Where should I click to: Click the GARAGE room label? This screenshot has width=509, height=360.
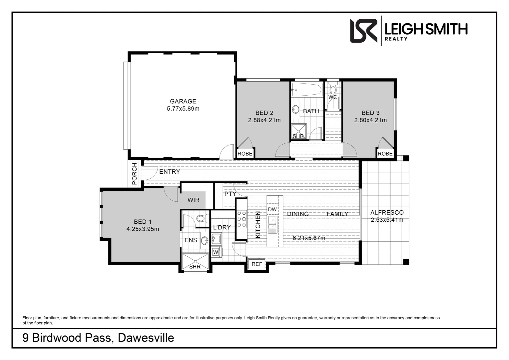pyautogui.click(x=183, y=101)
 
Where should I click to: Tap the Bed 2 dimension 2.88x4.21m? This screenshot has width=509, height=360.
pyautogui.click(x=264, y=120)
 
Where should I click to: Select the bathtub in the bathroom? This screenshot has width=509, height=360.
pyautogui.click(x=307, y=90)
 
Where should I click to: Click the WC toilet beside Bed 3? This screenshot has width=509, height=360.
pyautogui.click(x=332, y=89)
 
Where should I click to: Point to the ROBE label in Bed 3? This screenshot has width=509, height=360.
pyautogui.click(x=385, y=154)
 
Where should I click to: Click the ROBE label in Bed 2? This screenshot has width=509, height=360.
pyautogui.click(x=245, y=154)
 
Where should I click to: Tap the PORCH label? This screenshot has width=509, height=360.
pyautogui.click(x=135, y=174)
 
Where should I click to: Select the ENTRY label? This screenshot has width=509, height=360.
pyautogui.click(x=170, y=172)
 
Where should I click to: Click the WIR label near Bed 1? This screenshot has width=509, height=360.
pyautogui.click(x=193, y=200)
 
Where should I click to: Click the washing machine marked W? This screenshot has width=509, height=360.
pyautogui.click(x=216, y=252)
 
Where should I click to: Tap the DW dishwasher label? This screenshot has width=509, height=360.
pyautogui.click(x=272, y=209)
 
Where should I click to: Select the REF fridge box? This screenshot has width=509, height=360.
pyautogui.click(x=256, y=264)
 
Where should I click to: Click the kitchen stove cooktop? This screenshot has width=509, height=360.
pyautogui.click(x=242, y=219)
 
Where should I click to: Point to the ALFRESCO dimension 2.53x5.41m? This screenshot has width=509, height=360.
pyautogui.click(x=387, y=220)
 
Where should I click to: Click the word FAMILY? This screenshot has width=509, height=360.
pyautogui.click(x=337, y=214)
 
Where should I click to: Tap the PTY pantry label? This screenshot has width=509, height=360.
pyautogui.click(x=230, y=194)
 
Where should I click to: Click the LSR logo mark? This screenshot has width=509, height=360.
pyautogui.click(x=363, y=31)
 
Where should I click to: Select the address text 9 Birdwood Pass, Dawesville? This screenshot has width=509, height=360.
pyautogui.click(x=98, y=338)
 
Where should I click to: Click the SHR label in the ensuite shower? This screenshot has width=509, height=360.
pyautogui.click(x=195, y=267)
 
